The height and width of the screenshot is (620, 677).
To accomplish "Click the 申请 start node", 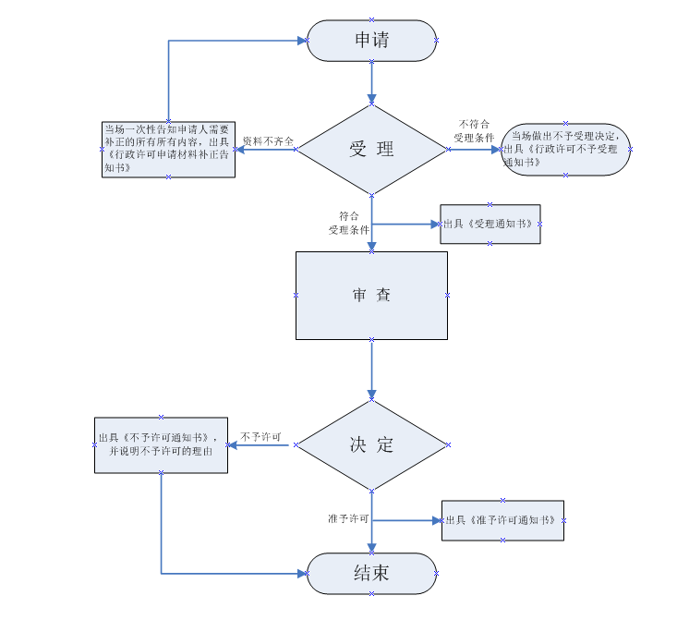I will (x=371, y=41).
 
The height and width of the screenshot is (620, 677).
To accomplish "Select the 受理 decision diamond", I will (x=371, y=150).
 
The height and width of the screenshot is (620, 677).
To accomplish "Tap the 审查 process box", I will (x=371, y=295).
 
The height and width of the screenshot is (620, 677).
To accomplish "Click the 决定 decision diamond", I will (x=371, y=444).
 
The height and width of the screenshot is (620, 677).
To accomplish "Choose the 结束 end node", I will (x=371, y=573).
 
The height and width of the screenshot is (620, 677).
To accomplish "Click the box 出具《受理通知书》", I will (x=490, y=224).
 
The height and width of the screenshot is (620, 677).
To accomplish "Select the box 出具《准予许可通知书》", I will (x=502, y=520).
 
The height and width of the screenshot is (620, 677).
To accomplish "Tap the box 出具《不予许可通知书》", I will (x=161, y=444).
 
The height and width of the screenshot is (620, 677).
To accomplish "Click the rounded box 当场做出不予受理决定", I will (x=566, y=150).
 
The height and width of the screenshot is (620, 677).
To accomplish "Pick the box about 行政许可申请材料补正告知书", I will (x=168, y=150).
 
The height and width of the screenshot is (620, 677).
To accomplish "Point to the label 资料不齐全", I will (x=268, y=141).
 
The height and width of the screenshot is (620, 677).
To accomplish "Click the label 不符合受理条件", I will (x=474, y=130).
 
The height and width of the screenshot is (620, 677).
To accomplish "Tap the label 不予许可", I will (x=260, y=436).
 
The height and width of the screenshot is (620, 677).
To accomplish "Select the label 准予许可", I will (x=348, y=519).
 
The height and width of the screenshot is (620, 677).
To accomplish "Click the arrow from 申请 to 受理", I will (x=371, y=82).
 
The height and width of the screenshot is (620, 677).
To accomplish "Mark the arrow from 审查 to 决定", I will (x=371, y=369).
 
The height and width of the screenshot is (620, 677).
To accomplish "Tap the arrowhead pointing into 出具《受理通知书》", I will (x=437, y=224).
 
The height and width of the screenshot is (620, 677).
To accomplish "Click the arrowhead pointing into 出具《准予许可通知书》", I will (x=437, y=520).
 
